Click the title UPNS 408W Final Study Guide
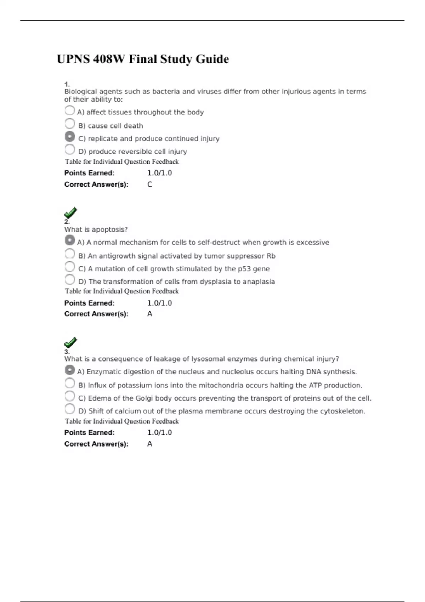143,59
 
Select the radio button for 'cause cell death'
70,124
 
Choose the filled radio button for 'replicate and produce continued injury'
70,136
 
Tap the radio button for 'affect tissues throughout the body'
70,110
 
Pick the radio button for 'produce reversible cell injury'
70,149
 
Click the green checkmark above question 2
70,213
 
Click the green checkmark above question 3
70,342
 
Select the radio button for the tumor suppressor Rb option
70,254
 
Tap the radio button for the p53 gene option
70,267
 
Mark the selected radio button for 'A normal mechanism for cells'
70,240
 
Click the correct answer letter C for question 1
150,184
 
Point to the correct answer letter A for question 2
150,314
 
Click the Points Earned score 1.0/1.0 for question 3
160,432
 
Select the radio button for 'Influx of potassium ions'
70,383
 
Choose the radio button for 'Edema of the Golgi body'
70,396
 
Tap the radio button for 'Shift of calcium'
70,409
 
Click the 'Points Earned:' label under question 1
89,173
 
